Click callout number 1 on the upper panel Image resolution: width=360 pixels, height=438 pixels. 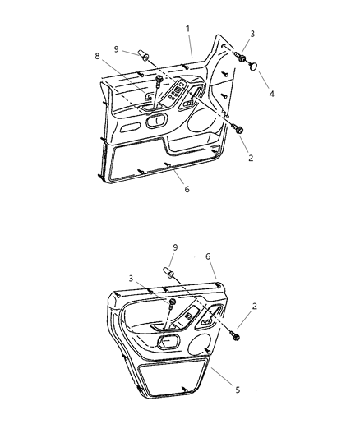(x=187, y=29)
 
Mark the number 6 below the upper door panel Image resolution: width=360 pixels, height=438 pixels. (x=187, y=189)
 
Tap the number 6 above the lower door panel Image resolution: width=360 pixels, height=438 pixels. (x=210, y=256)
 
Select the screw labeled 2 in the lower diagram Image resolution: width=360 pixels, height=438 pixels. (x=237, y=335)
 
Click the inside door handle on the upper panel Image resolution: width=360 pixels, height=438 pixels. (x=154, y=121)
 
